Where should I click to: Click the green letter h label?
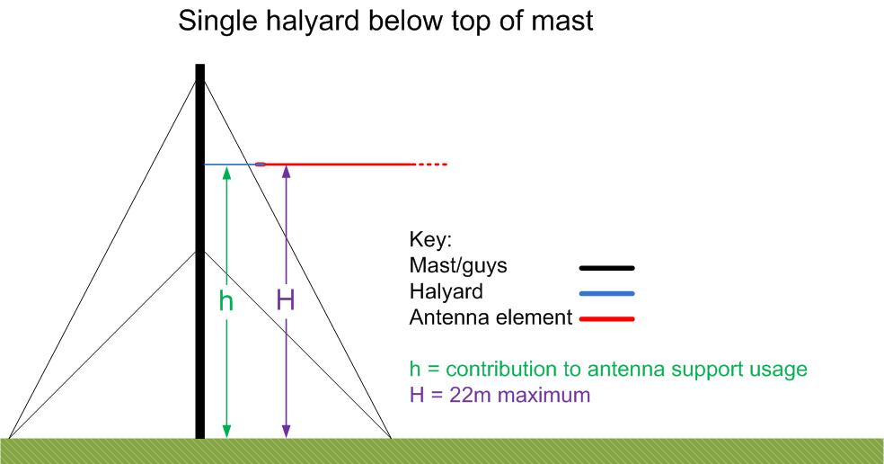click(226, 301)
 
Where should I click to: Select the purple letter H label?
click(286, 300)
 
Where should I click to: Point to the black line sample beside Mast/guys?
click(606, 268)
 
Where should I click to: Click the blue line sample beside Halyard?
click(606, 293)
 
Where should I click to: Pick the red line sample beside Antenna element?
click(606, 319)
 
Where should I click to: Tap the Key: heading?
click(430, 240)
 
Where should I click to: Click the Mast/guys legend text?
click(458, 266)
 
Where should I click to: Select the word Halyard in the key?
click(446, 292)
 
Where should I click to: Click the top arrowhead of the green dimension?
click(226, 173)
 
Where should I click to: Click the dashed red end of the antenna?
click(432, 165)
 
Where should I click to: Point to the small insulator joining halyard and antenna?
click(261, 165)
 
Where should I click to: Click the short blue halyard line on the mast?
click(229, 165)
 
